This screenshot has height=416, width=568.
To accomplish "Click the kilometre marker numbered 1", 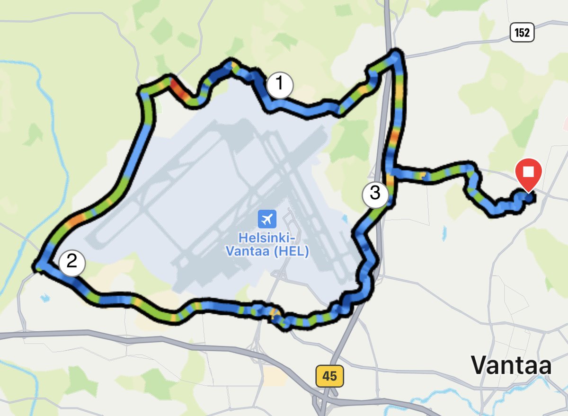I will tap(280, 85).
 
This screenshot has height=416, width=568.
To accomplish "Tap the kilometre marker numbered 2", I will tap(72, 262).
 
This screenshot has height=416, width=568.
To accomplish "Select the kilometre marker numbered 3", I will tap(375, 193).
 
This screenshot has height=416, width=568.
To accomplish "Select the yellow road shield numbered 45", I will tap(329, 377).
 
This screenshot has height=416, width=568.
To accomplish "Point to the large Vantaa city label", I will tap(511, 365).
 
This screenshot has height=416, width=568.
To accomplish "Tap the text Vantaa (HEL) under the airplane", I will tap(267, 251).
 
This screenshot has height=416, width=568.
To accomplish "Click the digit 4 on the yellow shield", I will tap(326, 377).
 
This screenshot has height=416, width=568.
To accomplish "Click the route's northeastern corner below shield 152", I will tap(397, 53).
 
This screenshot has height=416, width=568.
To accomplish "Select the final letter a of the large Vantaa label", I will tap(544, 367).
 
